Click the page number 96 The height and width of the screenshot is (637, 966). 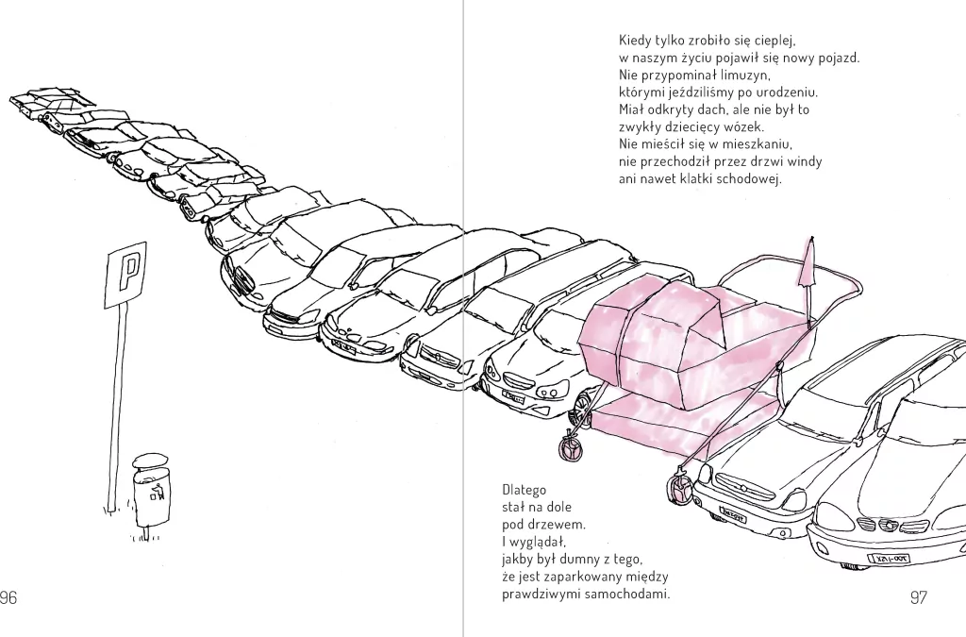(8, 597)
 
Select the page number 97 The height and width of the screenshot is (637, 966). (918, 597)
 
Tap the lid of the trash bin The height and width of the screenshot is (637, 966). (150, 460)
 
